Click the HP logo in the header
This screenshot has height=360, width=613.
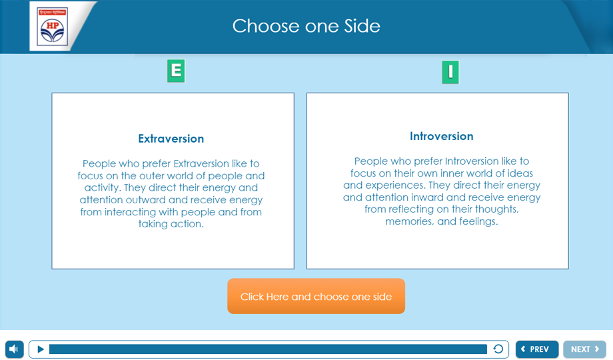pos(53,27)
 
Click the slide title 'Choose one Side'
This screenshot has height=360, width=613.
pos(306,26)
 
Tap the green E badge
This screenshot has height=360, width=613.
pos(176,71)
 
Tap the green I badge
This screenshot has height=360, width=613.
pos(450,72)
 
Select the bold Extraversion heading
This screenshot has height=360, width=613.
pos(171,139)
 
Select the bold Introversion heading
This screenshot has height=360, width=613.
pos(441,136)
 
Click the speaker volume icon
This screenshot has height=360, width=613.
pos(15,349)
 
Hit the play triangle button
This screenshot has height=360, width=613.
pos(41,349)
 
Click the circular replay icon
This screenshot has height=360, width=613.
pos(498,349)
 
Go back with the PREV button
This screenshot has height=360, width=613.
pos(537,349)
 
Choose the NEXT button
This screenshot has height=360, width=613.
pos(584,349)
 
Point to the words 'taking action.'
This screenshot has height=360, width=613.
pos(171,224)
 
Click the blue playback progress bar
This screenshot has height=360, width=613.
pos(268,349)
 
